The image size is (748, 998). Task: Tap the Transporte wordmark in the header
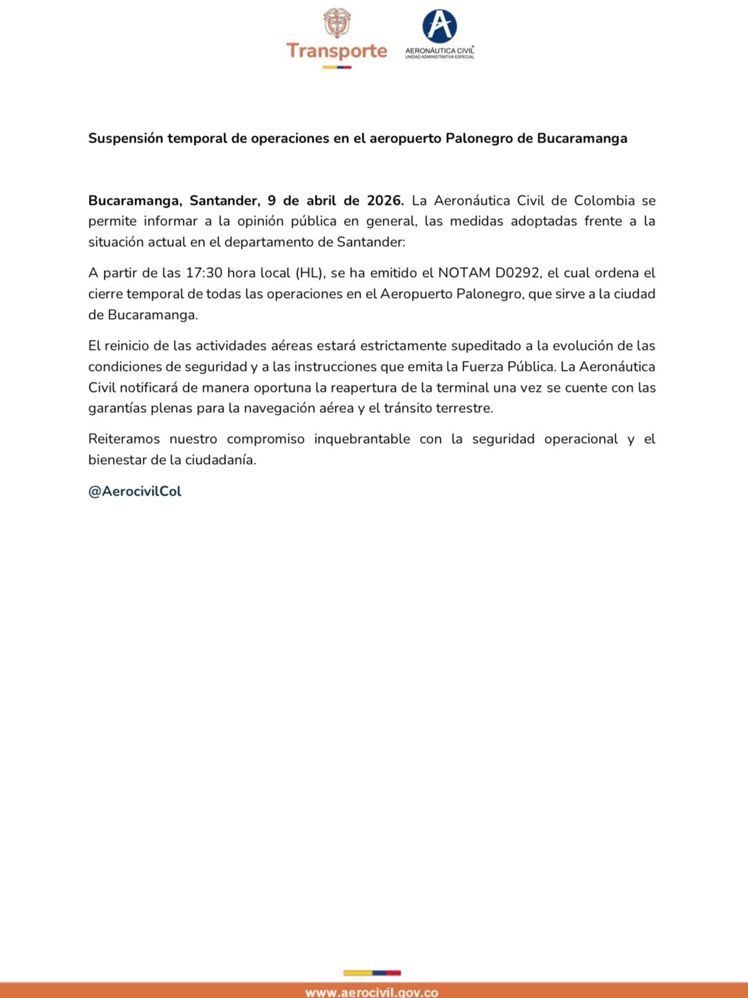coord(337,51)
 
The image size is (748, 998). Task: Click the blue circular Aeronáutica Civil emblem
coord(439,26)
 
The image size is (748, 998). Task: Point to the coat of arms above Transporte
coord(337,23)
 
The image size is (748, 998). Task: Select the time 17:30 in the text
coord(204,273)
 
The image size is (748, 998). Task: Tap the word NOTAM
coord(464,273)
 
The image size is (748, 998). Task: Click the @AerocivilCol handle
coord(135,491)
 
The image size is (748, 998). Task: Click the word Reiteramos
coord(124,439)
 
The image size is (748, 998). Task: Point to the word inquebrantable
coord(362,439)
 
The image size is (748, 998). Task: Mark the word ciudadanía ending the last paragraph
coord(221,460)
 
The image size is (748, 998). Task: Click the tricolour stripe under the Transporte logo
coord(337,67)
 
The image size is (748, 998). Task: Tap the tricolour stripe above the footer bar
coord(372,973)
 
